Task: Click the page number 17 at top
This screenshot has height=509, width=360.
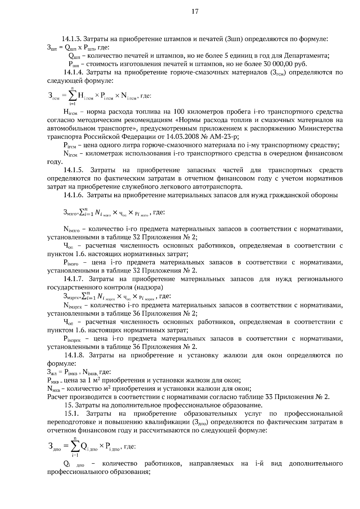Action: click(x=195, y=12)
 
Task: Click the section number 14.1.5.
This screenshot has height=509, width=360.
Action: click(x=73, y=170)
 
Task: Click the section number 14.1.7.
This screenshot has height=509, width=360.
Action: click(x=73, y=279)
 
